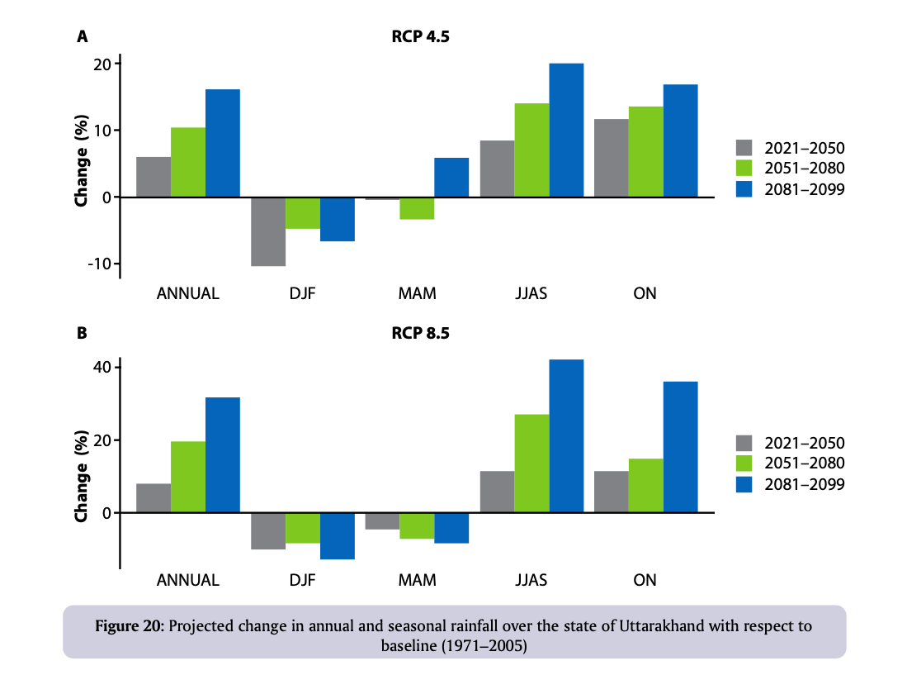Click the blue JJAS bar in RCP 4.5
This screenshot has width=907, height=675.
[566, 131]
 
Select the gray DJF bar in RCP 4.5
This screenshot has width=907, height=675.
[268, 231]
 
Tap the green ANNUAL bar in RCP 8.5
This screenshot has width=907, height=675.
[188, 477]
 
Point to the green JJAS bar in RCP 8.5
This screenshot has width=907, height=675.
[531, 463]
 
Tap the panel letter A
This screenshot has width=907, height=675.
[82, 36]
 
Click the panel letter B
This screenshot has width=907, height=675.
[82, 335]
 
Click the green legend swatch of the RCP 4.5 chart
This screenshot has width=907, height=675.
[745, 169]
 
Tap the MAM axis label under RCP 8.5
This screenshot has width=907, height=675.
[417, 580]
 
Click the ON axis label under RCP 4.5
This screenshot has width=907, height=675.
[645, 294]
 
